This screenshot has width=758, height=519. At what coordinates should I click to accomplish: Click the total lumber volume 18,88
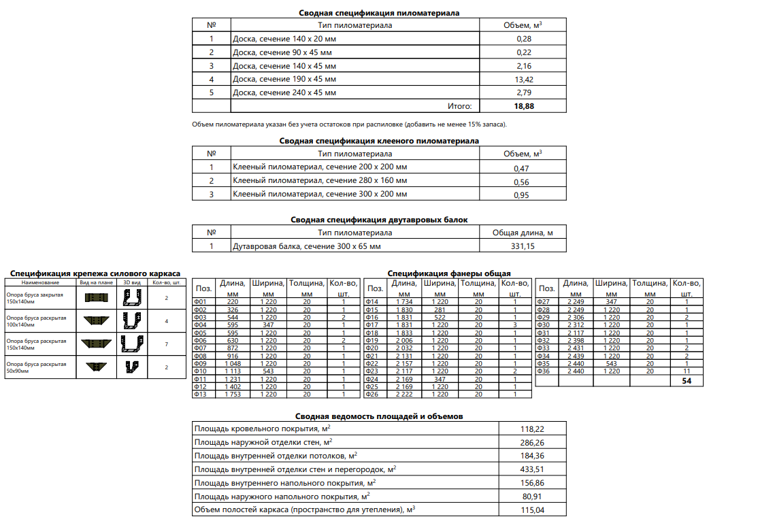click(x=523, y=106)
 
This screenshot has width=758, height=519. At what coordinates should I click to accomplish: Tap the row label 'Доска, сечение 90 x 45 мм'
click(x=282, y=52)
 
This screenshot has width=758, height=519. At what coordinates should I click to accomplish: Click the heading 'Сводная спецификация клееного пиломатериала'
click(x=379, y=141)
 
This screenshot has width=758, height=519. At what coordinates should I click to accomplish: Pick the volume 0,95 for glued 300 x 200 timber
click(x=522, y=195)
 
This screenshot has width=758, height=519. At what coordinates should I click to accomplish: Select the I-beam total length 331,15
click(x=522, y=246)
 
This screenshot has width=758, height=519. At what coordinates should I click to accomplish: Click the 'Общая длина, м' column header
click(x=522, y=233)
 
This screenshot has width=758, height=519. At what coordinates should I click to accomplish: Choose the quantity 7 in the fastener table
click(x=166, y=344)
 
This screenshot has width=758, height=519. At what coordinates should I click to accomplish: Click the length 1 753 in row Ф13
click(x=232, y=394)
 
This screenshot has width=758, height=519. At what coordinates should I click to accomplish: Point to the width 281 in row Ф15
click(x=440, y=310)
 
